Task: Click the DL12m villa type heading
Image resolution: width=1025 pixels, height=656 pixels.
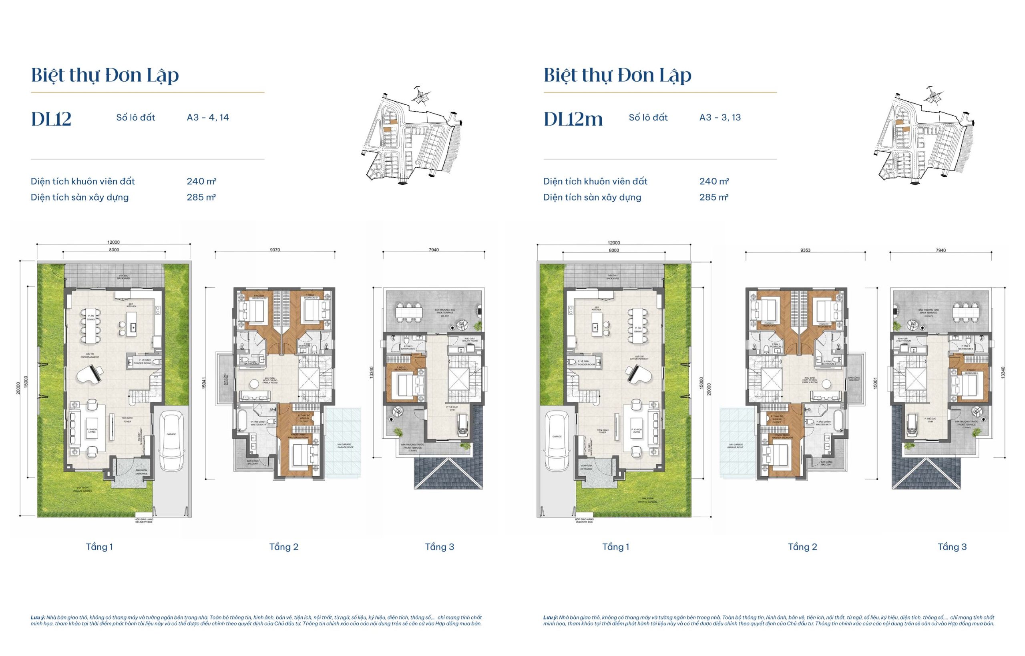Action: [x=573, y=119]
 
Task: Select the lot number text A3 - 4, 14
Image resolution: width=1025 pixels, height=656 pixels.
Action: [x=208, y=118]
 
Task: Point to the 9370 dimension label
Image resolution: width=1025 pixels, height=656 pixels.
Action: [x=275, y=250]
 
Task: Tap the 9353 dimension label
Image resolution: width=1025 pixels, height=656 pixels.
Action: [x=805, y=251]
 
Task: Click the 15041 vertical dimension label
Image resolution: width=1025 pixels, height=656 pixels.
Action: [x=204, y=383]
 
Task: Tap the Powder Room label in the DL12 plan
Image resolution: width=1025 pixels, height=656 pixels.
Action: [x=142, y=363]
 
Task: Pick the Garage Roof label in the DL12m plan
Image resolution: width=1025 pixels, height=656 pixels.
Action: [x=735, y=446]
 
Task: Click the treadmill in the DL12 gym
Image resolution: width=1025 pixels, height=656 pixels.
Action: [x=463, y=426]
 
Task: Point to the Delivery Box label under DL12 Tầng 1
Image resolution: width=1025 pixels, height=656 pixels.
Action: [x=144, y=521]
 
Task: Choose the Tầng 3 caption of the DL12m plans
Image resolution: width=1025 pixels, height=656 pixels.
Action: [x=952, y=547]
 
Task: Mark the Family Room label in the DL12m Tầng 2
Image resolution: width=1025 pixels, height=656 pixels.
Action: [x=810, y=380]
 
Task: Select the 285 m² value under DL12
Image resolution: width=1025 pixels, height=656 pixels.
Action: [x=201, y=197]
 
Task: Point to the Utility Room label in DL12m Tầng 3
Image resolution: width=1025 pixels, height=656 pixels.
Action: [x=903, y=340]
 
